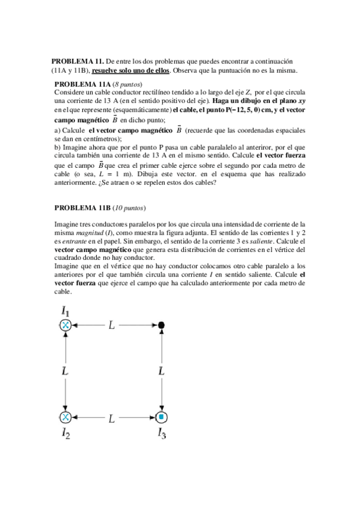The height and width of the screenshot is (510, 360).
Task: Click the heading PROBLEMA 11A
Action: tap(83, 85)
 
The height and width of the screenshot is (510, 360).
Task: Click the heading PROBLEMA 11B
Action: tap(82, 208)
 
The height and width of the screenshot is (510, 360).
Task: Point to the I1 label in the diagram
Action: tap(66, 312)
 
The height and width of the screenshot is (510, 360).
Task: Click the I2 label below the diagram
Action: tap(66, 434)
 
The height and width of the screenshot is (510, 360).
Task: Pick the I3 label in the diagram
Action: tap(162, 434)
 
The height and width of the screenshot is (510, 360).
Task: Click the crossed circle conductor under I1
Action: tap(66, 325)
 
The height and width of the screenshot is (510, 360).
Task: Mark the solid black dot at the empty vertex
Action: tap(161, 325)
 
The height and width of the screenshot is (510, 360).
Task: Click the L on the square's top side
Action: tap(112, 325)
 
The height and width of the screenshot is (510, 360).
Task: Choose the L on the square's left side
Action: tap(65, 372)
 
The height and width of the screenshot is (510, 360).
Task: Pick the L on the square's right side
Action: tap(161, 372)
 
